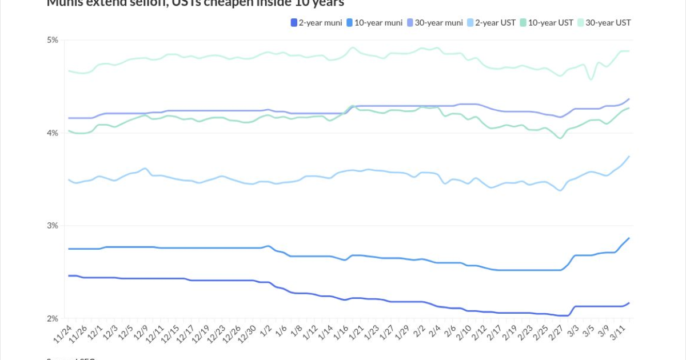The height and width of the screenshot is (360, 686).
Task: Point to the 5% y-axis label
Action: tap(53, 40)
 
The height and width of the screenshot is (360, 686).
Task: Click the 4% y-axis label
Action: tap(53, 133)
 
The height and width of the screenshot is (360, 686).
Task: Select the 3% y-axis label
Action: tap(53, 226)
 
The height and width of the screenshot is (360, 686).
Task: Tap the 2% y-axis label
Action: tap(53, 319)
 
